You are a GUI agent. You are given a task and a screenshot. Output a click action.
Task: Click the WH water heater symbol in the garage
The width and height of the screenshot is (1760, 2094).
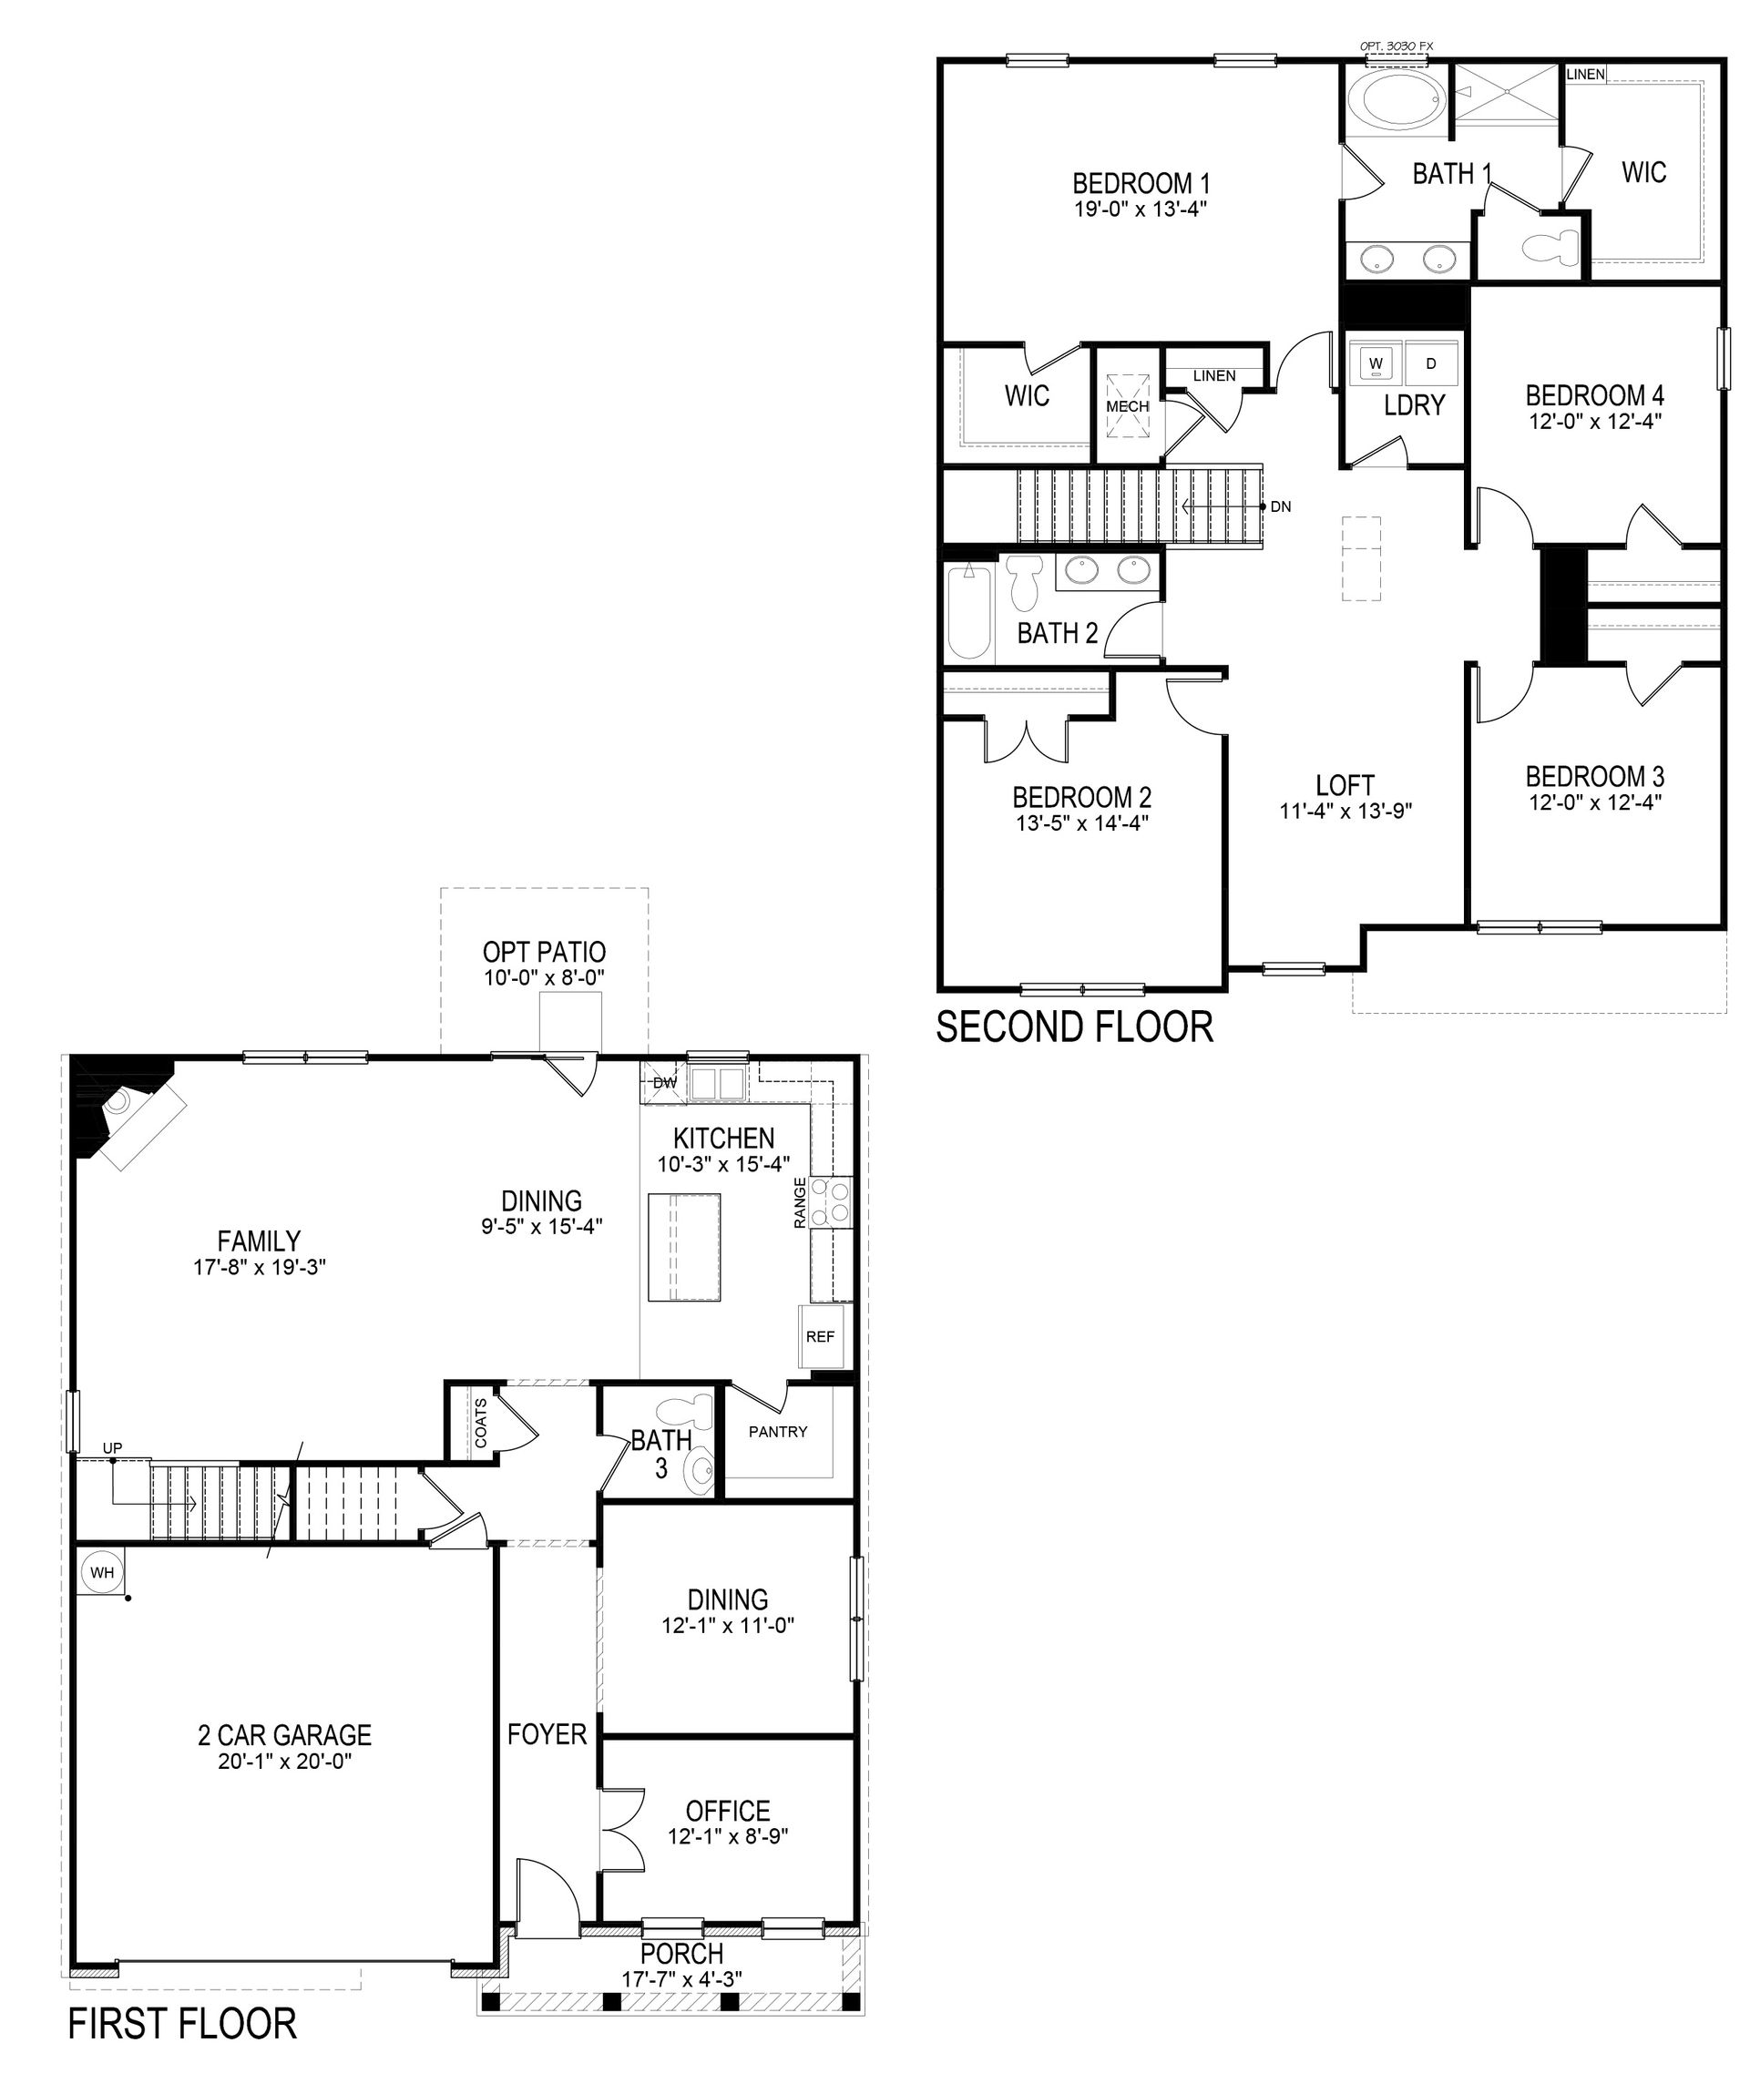102,1573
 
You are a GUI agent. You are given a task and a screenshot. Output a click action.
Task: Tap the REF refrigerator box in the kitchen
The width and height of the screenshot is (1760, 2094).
820,1337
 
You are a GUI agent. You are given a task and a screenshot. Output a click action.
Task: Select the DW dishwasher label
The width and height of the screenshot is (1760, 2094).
663,1082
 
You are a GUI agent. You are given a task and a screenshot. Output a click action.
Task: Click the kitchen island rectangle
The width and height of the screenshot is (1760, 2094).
683,1247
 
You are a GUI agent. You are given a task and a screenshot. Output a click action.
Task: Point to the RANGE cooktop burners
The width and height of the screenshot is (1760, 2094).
831,1201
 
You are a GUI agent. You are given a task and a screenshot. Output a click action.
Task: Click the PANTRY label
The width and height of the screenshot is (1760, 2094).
778,1432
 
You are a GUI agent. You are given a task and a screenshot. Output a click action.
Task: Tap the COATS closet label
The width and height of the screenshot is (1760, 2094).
482,1423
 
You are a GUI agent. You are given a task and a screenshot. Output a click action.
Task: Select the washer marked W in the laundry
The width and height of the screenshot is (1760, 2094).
1376,363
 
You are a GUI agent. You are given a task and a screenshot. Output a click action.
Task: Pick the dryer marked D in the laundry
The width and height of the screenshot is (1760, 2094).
1431,363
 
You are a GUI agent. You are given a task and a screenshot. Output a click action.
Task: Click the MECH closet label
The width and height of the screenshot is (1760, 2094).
1128,407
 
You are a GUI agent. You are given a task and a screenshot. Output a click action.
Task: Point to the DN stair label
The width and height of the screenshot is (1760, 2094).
1281,506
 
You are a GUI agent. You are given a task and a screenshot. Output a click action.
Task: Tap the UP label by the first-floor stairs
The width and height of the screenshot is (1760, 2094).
113,1447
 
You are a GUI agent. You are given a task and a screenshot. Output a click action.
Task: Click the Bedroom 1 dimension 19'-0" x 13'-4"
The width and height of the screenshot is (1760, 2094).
1141,209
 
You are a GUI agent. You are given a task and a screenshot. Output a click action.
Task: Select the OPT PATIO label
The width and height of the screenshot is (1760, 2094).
544,952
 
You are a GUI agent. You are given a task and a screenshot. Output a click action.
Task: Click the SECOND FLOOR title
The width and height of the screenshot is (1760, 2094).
1075,1027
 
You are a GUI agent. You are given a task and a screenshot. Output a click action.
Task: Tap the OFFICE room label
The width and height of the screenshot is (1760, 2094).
727,1811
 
